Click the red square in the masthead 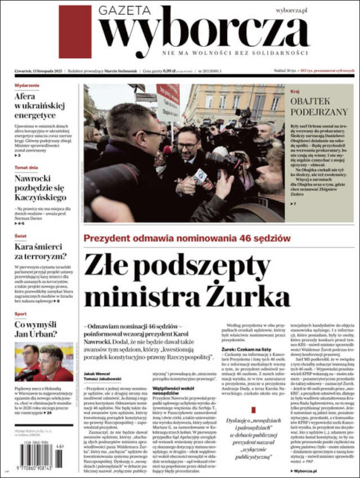(75, 32)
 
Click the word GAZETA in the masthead (124, 11)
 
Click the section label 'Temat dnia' (26, 168)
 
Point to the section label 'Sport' (20, 314)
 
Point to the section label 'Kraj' (295, 90)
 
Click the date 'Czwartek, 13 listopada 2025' (38, 71)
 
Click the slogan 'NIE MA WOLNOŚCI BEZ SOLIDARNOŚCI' (235, 53)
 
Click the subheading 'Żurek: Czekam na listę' (246, 350)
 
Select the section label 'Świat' (20, 236)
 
